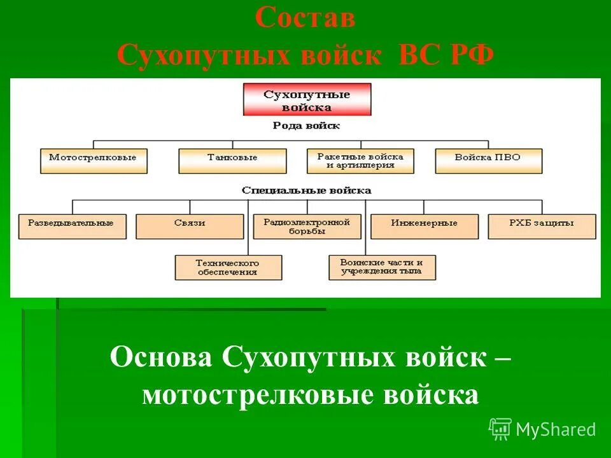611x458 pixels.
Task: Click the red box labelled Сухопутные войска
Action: click(307, 100)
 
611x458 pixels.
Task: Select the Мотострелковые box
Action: click(93, 160)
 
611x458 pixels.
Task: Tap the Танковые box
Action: click(232, 160)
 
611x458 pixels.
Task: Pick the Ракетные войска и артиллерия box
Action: click(360, 160)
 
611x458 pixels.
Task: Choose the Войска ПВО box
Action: click(488, 160)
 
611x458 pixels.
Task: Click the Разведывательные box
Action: click(72, 226)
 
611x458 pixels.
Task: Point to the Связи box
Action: click(190, 226)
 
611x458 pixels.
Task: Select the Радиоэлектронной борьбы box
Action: click(307, 226)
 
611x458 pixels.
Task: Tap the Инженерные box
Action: click(424, 226)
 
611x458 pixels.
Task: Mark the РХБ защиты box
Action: click(542, 226)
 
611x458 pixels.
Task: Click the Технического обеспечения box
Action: click(228, 267)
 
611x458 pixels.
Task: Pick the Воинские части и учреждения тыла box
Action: click(383, 267)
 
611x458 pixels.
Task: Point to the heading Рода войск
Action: click(306, 126)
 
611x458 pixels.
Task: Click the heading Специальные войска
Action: click(306, 190)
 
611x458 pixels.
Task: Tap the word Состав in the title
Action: click(305, 18)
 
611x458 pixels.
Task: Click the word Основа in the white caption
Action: click(161, 357)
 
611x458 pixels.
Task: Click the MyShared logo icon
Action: click(500, 429)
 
